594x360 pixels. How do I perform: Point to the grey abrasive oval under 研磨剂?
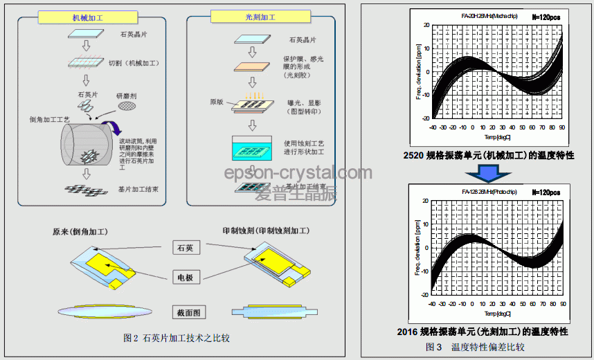[x=127, y=107]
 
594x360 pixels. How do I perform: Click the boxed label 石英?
[x=187, y=247]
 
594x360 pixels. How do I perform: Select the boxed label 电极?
[x=187, y=278]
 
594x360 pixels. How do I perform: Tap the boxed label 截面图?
[x=187, y=313]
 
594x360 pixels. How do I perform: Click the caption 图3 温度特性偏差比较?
[x=476, y=347]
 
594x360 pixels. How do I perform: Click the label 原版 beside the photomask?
[x=217, y=102]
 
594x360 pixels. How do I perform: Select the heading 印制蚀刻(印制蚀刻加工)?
[x=266, y=231]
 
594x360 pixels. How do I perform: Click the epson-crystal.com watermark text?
[x=298, y=173]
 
